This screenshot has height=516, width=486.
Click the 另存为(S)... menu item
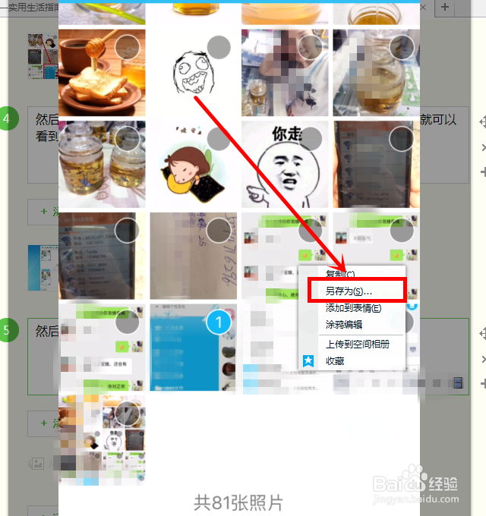point(355,291)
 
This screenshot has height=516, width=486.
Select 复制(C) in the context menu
point(340,274)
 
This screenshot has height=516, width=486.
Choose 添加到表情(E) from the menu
point(353,308)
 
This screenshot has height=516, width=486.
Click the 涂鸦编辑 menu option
point(344,325)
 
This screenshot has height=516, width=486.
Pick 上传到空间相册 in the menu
point(357,344)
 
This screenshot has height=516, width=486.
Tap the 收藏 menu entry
point(335,361)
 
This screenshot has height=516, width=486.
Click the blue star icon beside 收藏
point(309,361)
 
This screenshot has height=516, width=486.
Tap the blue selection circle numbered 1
point(219,322)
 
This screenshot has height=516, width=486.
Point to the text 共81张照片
point(238,502)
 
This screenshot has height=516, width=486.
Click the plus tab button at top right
point(445,7)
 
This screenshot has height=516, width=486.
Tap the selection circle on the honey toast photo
point(127,47)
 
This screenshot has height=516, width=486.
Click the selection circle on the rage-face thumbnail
point(219,47)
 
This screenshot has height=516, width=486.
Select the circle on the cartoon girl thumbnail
point(219,139)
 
